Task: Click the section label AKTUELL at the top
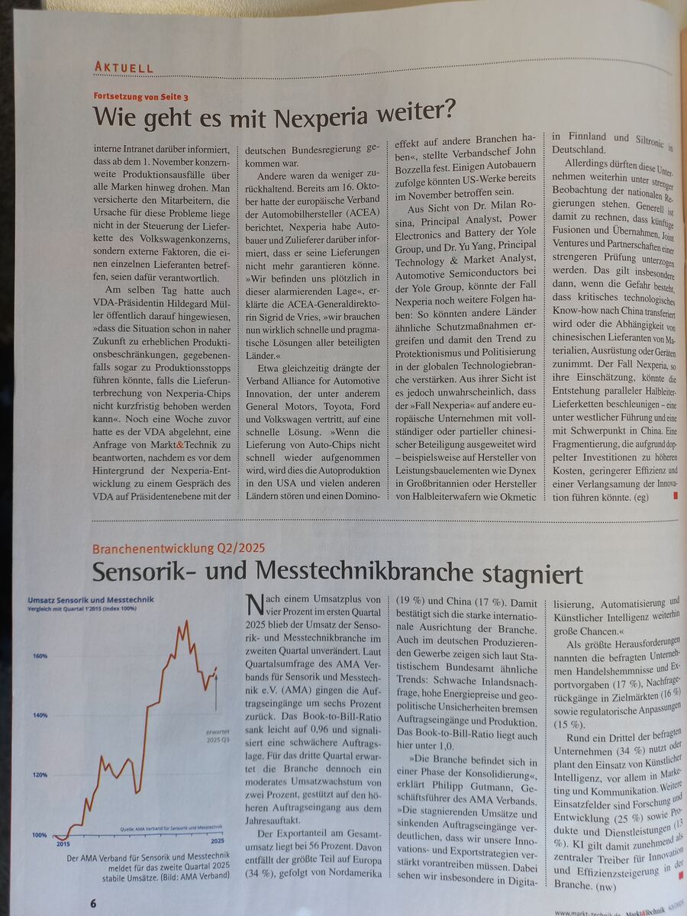[x=124, y=67]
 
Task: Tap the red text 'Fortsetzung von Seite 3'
[x=140, y=97]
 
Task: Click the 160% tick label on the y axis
[x=40, y=656]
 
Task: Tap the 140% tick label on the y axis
[x=40, y=715]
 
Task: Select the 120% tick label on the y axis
[x=40, y=775]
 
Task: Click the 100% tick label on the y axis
[x=39, y=834]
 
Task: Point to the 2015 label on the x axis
[x=63, y=844]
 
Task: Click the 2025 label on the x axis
[x=218, y=840]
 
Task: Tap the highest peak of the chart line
[x=185, y=622]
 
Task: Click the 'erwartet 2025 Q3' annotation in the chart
[x=218, y=735]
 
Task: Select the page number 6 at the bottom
[x=93, y=903]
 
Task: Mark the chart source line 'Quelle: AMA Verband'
[x=171, y=827]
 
